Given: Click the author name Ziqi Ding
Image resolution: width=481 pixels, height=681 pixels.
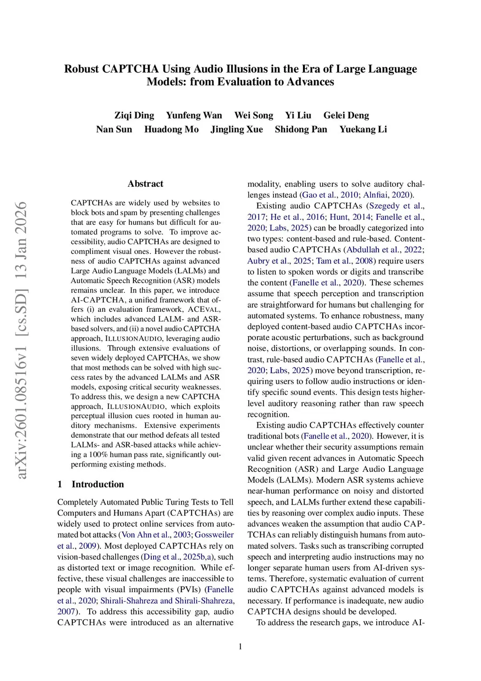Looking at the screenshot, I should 134,115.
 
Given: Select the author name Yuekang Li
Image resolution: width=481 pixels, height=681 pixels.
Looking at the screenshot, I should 363,129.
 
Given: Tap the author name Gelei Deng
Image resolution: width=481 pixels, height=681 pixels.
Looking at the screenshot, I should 346,115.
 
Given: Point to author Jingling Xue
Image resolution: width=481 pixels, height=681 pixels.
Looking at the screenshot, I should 237,129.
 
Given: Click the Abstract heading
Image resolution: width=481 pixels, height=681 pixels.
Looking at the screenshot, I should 145,184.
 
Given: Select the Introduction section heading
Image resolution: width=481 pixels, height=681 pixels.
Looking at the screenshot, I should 98,484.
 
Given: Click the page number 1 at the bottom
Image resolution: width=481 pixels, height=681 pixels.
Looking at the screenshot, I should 240,647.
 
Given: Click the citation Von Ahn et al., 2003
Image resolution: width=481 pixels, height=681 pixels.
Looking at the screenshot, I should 156,535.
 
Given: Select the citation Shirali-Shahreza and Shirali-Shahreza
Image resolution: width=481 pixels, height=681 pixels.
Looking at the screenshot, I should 167,601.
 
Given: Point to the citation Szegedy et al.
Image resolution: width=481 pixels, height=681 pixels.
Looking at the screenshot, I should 396,206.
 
